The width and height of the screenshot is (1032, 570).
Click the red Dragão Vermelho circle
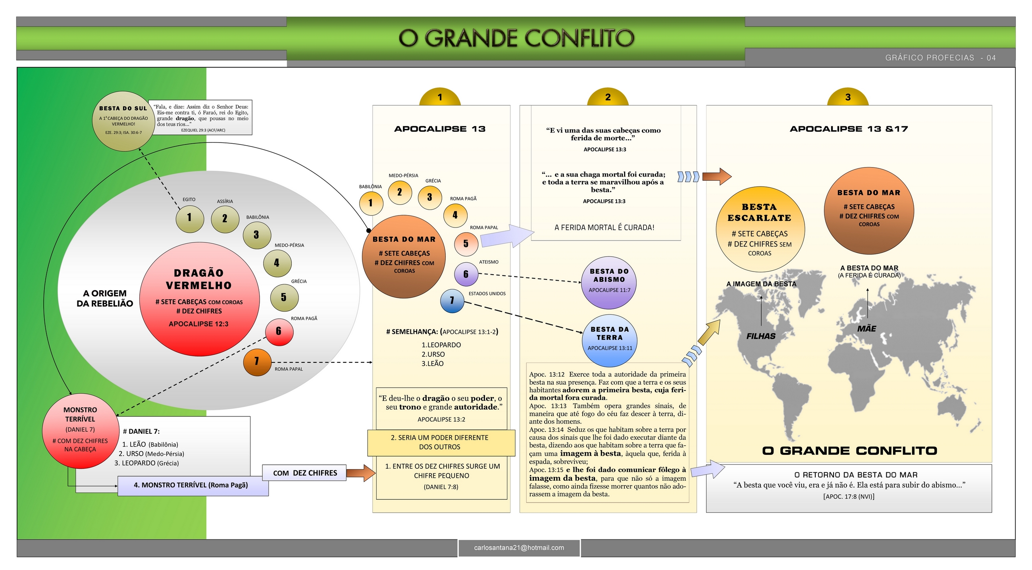(199, 298)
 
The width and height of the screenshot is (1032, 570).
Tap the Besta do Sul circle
(123, 121)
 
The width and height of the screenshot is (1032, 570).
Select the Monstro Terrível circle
(80, 431)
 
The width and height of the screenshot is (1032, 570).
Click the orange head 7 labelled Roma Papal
(257, 362)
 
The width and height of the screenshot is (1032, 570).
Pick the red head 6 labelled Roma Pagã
(279, 331)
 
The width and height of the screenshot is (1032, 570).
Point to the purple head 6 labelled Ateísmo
(466, 274)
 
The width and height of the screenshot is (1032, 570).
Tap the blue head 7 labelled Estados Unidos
(452, 300)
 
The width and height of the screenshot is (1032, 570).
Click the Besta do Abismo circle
(609, 283)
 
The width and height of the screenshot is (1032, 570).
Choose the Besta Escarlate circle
(760, 229)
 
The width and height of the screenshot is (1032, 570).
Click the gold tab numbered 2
(608, 97)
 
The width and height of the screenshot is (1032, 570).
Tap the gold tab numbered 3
(848, 97)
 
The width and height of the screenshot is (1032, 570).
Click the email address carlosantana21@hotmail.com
(519, 547)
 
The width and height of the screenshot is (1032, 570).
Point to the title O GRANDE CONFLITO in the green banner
(516, 39)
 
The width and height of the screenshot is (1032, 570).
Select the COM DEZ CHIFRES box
(304, 473)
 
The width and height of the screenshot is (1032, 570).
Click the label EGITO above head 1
(189, 200)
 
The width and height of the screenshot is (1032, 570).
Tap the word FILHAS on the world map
(761, 337)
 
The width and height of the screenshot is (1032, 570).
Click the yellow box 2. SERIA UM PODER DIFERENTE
(441, 443)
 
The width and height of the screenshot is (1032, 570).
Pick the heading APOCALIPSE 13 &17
(849, 129)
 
